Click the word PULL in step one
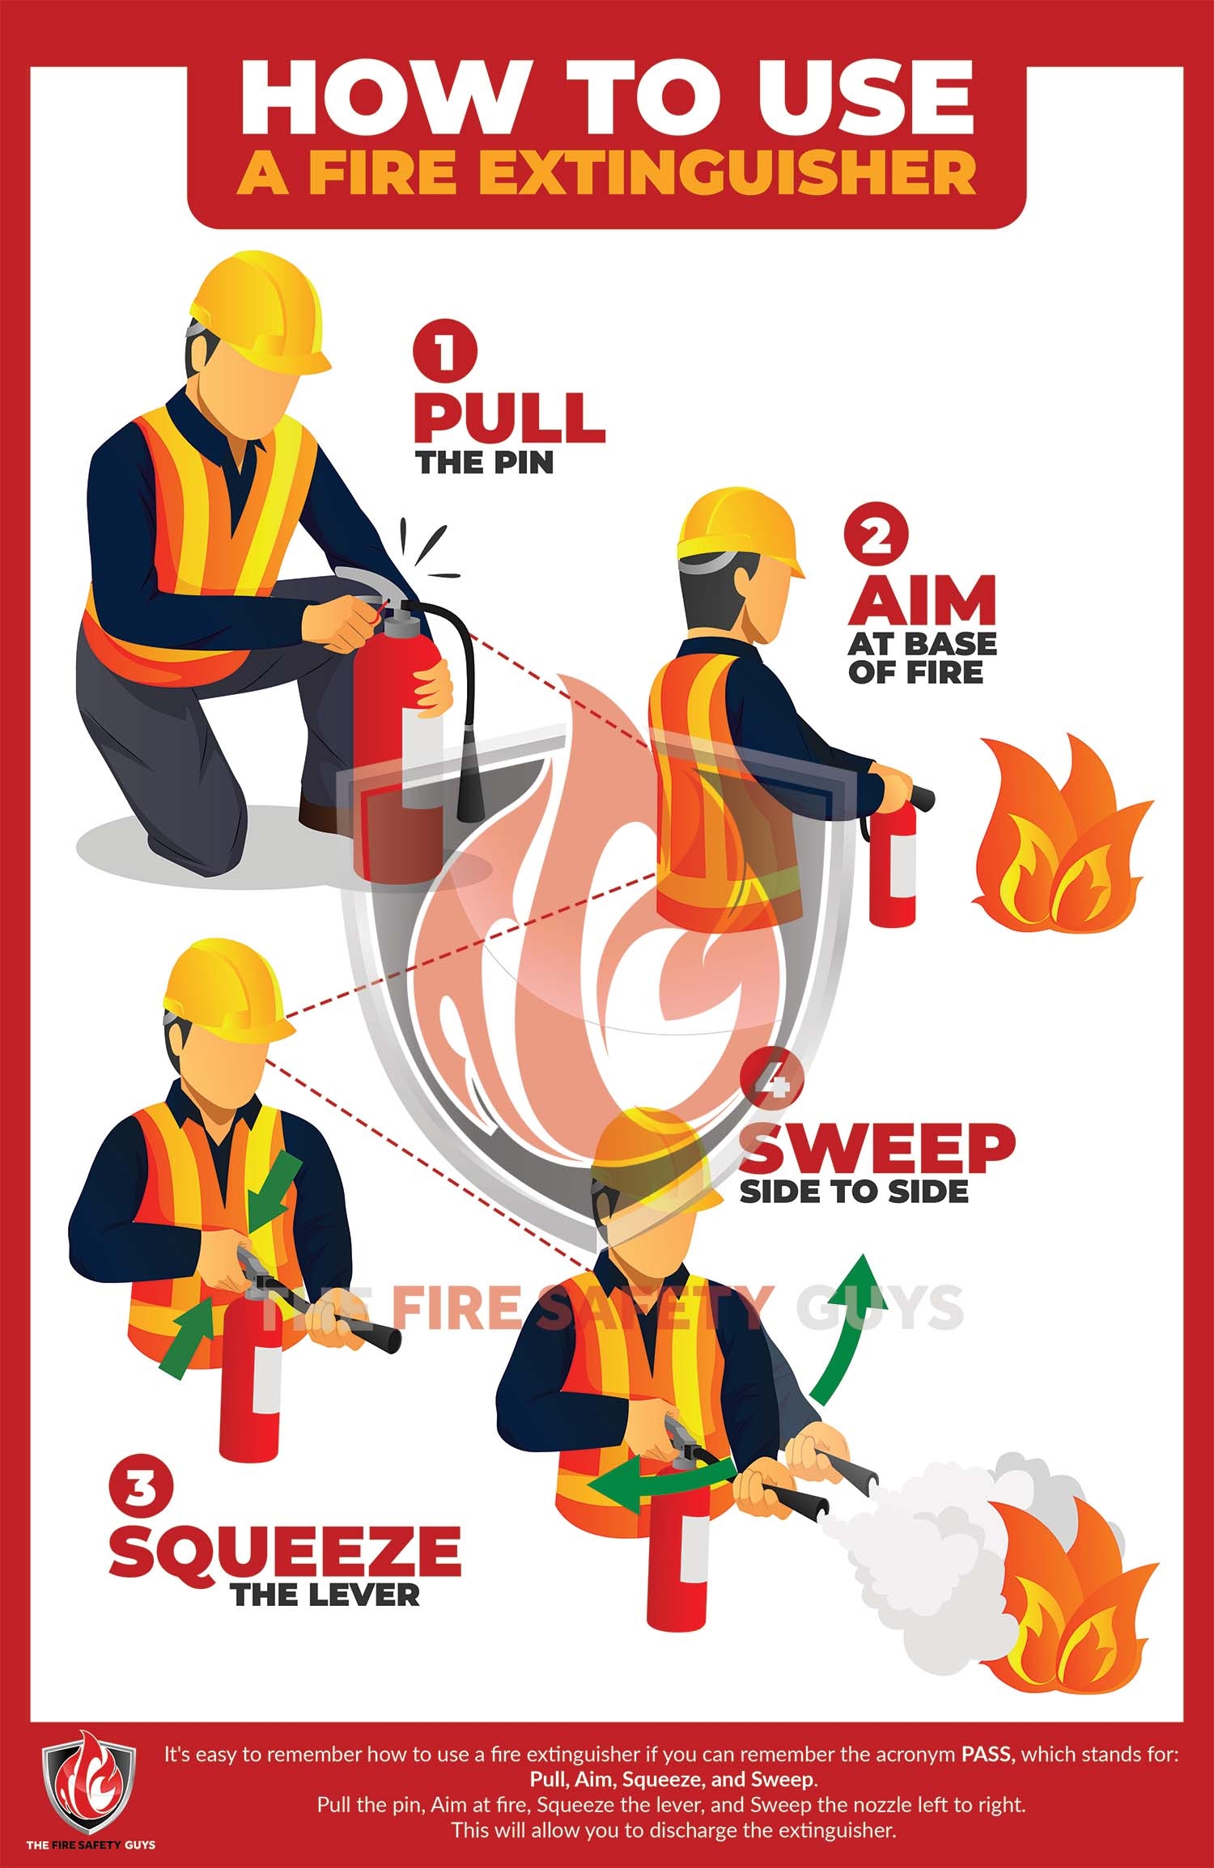510,418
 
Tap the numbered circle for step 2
876,536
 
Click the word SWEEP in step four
877,1150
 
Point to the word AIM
922,600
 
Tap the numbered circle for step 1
445,354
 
